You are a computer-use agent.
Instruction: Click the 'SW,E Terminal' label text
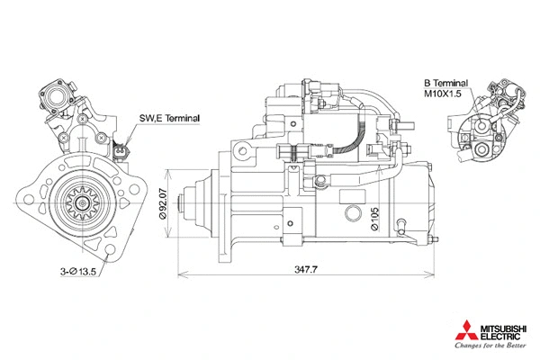coord(169,118)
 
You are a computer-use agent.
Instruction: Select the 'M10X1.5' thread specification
coord(443,92)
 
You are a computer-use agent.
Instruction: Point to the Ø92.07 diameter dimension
coord(164,208)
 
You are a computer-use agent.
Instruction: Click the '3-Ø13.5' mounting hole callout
coord(78,271)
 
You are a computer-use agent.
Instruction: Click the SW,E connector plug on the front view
coord(122,149)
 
